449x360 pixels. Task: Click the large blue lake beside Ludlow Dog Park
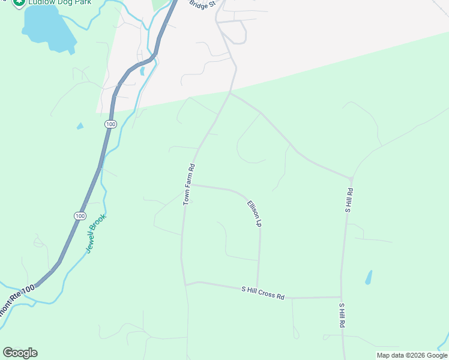point(45,28)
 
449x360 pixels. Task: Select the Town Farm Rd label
point(190,184)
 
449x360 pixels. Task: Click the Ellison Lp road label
point(255,213)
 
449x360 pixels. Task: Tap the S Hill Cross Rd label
point(263,292)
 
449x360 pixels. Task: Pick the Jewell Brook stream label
point(96,233)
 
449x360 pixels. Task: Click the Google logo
point(20,353)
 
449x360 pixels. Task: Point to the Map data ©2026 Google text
point(412,355)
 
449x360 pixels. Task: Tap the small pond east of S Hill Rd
point(368,277)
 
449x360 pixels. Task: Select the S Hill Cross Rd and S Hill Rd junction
point(342,297)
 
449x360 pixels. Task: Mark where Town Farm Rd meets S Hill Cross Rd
point(185,284)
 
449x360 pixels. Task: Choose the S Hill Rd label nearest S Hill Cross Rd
point(342,315)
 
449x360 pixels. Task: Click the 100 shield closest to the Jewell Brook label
point(80,216)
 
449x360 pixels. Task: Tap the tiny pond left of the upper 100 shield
point(80,126)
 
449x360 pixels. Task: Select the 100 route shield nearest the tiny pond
point(109,124)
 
